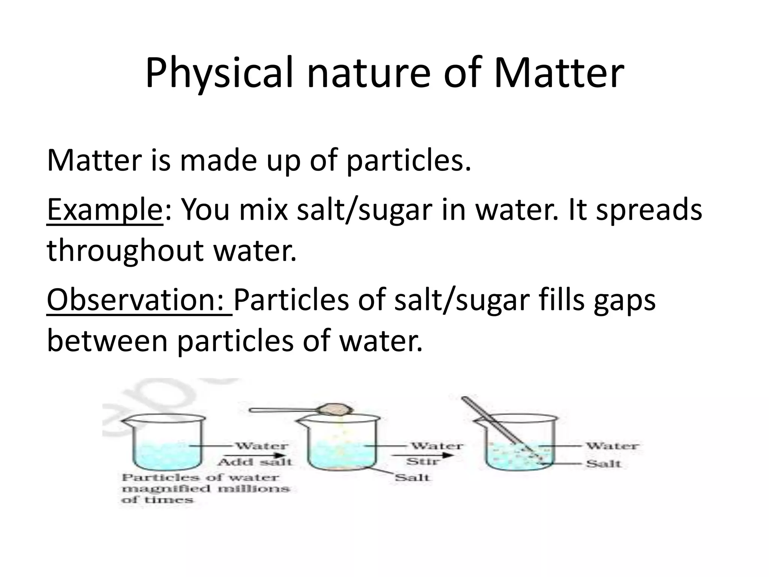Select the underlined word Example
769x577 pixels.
tap(104, 210)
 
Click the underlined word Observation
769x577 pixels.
tap(139, 301)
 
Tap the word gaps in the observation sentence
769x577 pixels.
tap(625, 301)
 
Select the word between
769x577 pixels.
tap(107, 341)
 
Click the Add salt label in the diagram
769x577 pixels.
tap(255, 462)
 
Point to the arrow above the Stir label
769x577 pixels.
tap(422, 455)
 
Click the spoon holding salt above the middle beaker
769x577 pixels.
tap(300, 409)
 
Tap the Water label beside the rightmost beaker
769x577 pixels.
tap(612, 446)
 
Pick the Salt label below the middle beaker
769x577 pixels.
tap(412, 478)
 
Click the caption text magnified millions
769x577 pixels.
tap(206, 489)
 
